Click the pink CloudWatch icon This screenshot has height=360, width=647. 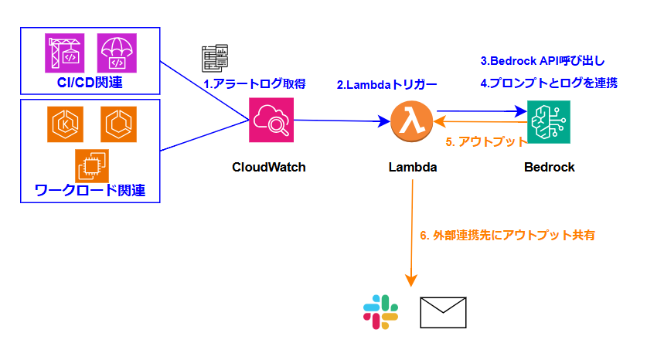(x=271, y=120)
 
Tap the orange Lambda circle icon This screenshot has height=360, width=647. (x=411, y=121)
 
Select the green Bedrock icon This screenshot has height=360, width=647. (x=549, y=122)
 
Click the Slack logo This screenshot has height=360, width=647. (x=380, y=312)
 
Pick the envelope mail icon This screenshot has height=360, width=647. (x=443, y=313)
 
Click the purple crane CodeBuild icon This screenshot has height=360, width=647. (x=65, y=53)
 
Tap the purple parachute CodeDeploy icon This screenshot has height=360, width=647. (x=117, y=53)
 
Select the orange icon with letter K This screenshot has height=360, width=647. (x=65, y=124)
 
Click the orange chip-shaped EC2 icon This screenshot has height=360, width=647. (x=92, y=166)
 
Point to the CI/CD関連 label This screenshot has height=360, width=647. (x=90, y=83)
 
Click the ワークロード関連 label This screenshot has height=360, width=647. (x=90, y=190)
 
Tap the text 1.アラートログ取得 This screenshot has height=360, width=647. (x=254, y=84)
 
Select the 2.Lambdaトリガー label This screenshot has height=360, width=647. (x=386, y=85)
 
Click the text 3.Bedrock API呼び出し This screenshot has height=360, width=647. (x=543, y=61)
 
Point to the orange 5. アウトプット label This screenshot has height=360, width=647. (x=486, y=142)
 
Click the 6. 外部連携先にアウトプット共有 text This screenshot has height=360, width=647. (x=508, y=236)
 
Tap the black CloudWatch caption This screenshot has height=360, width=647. (x=269, y=167)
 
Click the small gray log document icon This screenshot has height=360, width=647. (x=215, y=58)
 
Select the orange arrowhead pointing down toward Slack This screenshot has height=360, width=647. (x=411, y=280)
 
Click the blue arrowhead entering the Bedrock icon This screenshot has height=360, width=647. (x=521, y=111)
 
